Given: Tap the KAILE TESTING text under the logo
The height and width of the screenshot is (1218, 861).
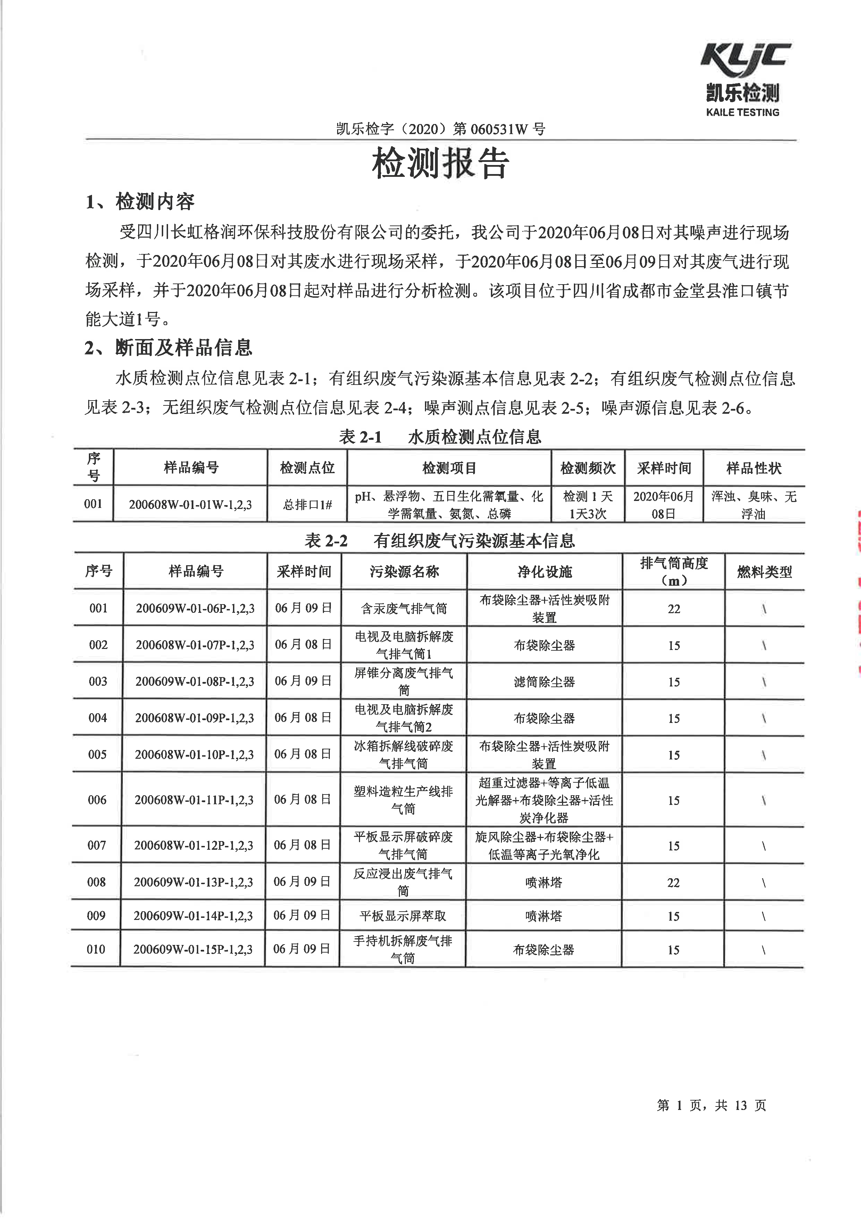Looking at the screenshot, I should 742,113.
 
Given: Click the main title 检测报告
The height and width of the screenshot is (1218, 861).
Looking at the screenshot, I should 440,163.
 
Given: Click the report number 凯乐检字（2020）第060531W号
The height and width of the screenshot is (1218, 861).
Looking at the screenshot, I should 440,129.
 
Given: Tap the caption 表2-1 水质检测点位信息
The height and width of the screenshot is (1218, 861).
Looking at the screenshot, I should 440,437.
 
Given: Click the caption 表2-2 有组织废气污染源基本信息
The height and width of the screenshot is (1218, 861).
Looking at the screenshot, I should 440,541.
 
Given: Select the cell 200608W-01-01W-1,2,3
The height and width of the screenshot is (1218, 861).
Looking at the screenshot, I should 190,504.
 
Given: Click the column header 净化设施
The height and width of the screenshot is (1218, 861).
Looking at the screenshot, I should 544,571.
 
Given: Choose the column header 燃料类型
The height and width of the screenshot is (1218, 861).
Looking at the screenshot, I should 764,572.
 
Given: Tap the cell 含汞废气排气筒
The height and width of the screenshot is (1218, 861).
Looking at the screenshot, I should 404,608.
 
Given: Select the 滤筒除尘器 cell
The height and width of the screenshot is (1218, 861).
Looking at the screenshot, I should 544,682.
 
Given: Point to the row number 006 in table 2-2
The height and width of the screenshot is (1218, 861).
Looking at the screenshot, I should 97,800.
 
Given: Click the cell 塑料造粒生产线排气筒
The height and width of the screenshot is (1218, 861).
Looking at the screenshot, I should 403,800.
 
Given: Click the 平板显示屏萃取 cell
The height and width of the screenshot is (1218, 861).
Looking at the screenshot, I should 403,916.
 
